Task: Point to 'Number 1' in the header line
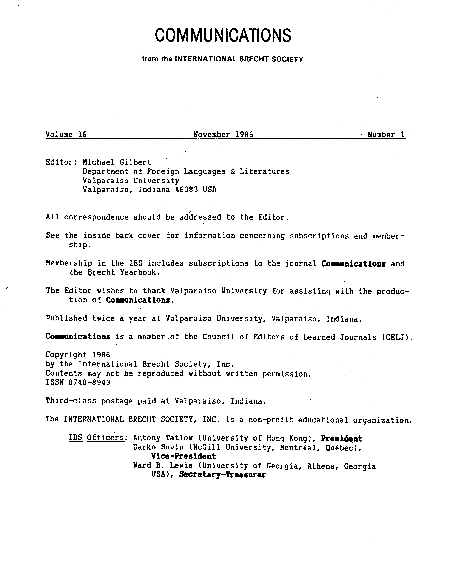pyautogui.click(x=386, y=135)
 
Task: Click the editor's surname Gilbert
pyautogui.click(x=135, y=162)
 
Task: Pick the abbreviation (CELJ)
pyautogui.click(x=395, y=337)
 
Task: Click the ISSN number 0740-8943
pyautogui.click(x=89, y=382)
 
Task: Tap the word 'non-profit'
pyautogui.click(x=271, y=420)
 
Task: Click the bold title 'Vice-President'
pyautogui.click(x=183, y=456)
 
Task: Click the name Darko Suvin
pyautogui.click(x=158, y=447)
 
